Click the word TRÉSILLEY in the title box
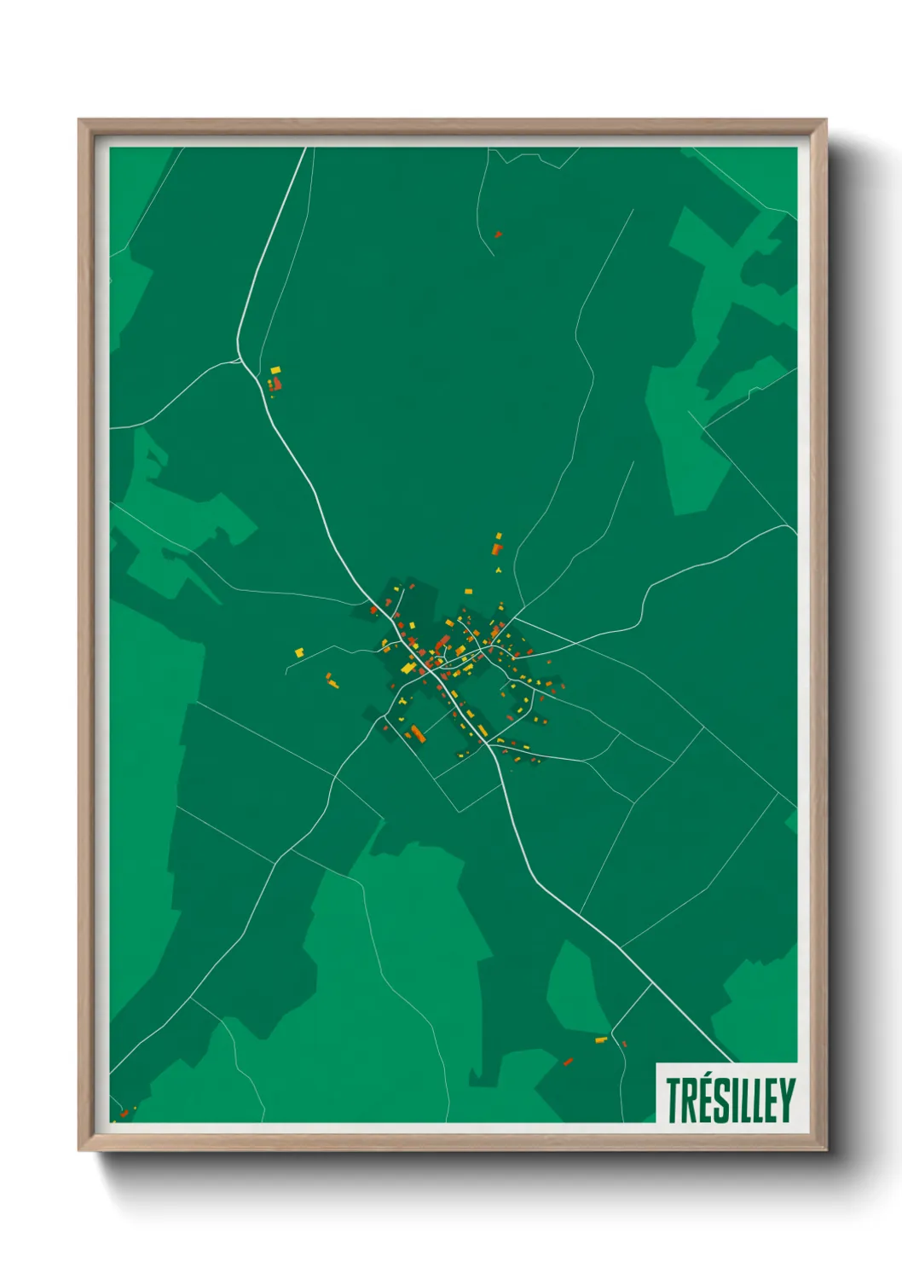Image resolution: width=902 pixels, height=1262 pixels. point(730,1100)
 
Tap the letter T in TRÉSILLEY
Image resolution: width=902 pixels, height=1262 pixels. point(674,1100)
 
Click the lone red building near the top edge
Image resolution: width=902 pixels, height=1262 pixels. point(498,234)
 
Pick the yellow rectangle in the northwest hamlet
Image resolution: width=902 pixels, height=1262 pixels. point(275,369)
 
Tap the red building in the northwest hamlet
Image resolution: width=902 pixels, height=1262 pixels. point(276,384)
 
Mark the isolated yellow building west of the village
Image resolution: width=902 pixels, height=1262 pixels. point(299,652)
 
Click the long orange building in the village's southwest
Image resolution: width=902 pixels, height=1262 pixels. point(417,732)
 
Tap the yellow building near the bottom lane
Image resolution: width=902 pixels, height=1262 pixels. point(601,1040)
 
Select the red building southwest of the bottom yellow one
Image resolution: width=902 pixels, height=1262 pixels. point(568,1062)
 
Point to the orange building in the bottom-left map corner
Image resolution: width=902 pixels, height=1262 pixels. point(124,1114)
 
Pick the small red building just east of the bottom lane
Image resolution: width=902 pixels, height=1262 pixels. point(624,1044)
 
